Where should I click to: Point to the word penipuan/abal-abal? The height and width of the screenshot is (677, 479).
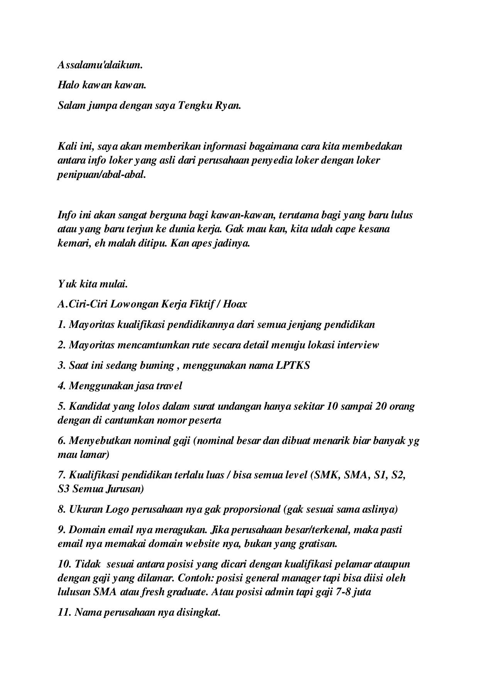pos(102,174)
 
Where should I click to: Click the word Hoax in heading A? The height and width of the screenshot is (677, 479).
pos(235,304)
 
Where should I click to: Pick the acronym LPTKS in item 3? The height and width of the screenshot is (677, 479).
pos(293,365)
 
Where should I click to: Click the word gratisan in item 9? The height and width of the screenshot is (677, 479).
pos(317,544)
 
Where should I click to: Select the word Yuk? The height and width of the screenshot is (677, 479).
pos(68,284)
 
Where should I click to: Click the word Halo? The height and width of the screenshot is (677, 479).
pos(68,85)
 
